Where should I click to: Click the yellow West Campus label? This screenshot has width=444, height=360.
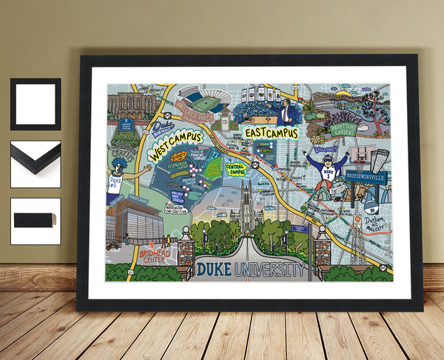(x=175, y=146)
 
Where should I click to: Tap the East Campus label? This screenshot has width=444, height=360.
(x=270, y=133)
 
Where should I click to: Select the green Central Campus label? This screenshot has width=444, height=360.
(x=236, y=170)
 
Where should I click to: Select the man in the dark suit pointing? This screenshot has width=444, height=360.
(x=286, y=112)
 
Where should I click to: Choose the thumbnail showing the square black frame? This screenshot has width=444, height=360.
(x=36, y=104)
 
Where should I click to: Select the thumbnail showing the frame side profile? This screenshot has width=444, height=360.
(x=36, y=220)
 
